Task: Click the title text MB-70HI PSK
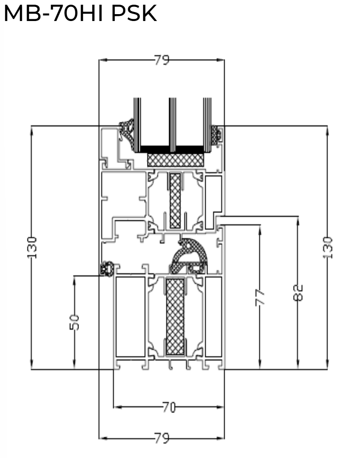pyautogui.click(x=80, y=14)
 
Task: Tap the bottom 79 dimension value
pyautogui.click(x=162, y=438)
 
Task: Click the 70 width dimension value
pyautogui.click(x=168, y=407)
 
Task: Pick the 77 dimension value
pyautogui.click(x=260, y=298)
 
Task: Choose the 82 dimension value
pyautogui.click(x=298, y=292)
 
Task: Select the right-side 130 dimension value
pyautogui.click(x=327, y=247)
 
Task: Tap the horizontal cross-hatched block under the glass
pyautogui.click(x=175, y=160)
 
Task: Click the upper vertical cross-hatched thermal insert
pyautogui.click(x=175, y=200)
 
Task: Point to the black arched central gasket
pyautogui.click(x=188, y=257)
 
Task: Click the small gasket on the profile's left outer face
pyautogui.click(x=106, y=269)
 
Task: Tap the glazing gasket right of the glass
pyautogui.click(x=218, y=134)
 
